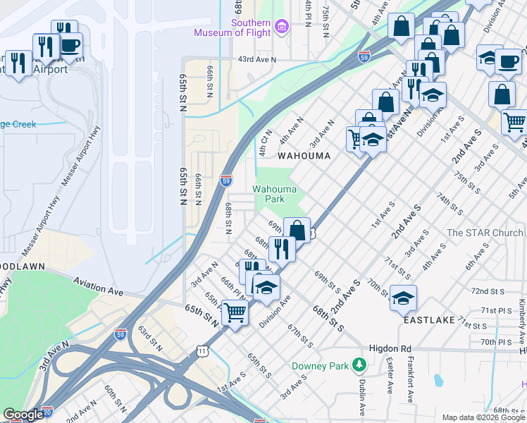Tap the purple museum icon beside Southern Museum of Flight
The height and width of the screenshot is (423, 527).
283,27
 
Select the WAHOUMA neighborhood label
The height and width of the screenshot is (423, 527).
304,155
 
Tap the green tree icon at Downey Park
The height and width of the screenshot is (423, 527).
359,364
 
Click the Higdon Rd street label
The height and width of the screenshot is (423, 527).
390,349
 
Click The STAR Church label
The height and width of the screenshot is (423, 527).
485,233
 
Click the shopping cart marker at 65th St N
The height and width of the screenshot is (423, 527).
235,312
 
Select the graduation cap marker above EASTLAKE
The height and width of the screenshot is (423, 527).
403,298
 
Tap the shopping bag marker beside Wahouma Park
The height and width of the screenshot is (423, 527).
297,229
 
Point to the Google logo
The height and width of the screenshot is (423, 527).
23,415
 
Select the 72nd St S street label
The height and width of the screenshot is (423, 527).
489,291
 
